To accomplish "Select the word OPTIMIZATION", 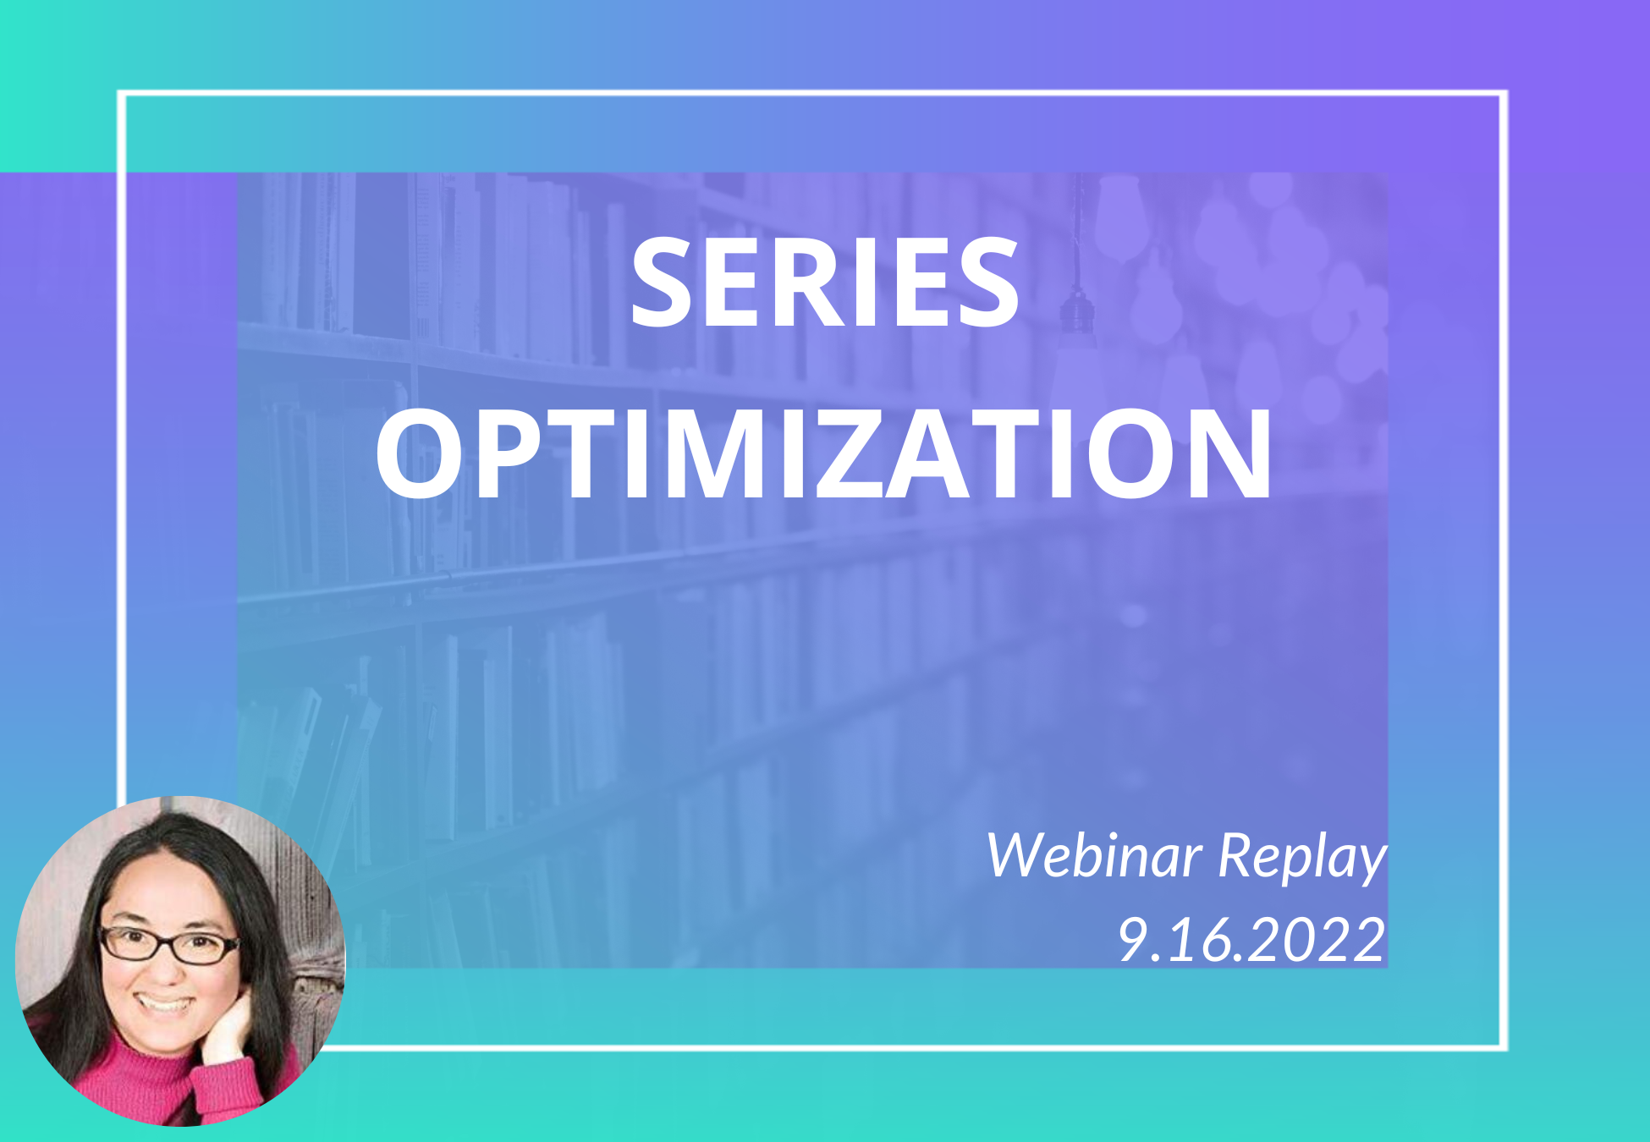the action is click(x=824, y=454).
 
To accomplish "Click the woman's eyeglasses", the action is click(x=169, y=945).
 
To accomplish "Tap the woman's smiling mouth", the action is click(x=165, y=1004).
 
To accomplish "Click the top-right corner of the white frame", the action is click(x=1504, y=94).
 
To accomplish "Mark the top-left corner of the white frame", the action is click(x=122, y=94).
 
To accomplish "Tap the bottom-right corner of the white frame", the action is click(x=1504, y=1047).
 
